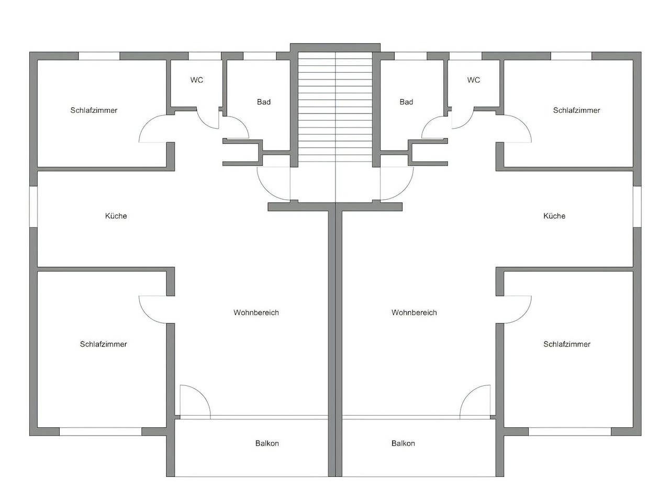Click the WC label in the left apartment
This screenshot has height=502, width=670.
click(197, 80)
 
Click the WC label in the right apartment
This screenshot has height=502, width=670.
click(473, 80)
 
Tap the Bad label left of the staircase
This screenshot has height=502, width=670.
click(264, 102)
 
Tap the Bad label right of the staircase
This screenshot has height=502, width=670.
click(406, 102)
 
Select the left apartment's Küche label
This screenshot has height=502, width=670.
click(116, 216)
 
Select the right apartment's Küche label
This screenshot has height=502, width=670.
click(554, 216)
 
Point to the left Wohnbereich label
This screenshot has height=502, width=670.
click(256, 313)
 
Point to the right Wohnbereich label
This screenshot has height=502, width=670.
click(414, 313)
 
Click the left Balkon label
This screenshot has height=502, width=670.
click(267, 443)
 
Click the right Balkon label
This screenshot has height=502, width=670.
click(403, 443)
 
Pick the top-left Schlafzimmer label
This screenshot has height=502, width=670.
click(94, 110)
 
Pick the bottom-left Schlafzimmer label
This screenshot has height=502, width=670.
click(103, 344)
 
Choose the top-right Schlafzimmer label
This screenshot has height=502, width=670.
click(576, 110)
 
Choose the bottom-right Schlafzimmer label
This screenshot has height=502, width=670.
click(567, 344)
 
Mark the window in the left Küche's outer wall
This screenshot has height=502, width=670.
click(33, 207)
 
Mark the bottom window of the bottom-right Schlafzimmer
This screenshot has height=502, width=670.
click(569, 431)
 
